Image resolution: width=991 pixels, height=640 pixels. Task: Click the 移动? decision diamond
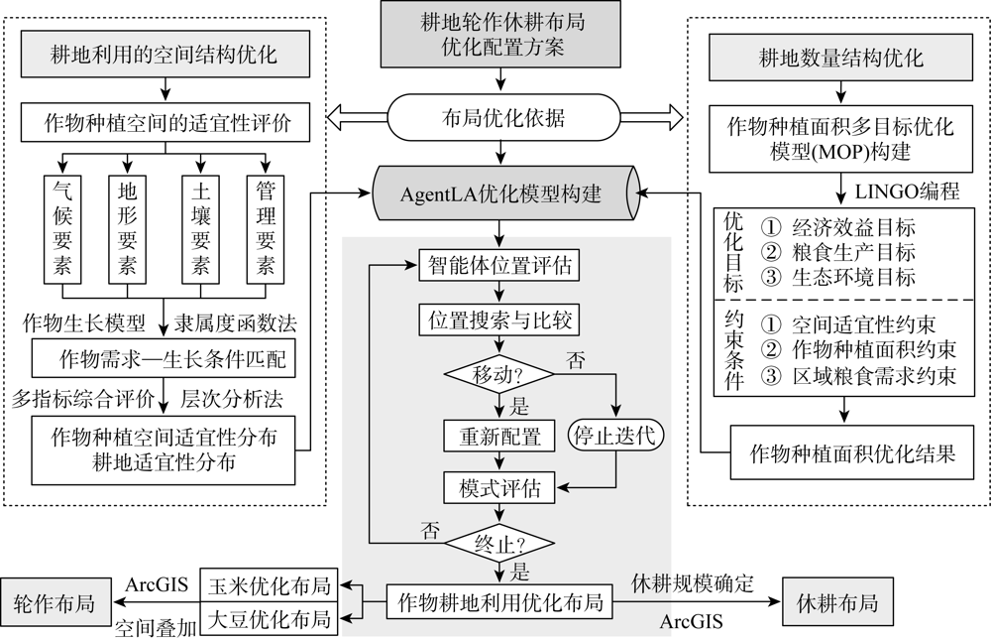click(x=499, y=375)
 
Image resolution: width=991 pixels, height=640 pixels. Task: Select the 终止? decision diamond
click(x=499, y=543)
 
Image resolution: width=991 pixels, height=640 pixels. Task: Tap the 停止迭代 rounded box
click(x=615, y=436)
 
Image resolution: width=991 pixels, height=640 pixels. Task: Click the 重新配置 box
click(x=499, y=437)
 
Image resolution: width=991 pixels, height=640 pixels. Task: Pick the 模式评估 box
click(x=499, y=488)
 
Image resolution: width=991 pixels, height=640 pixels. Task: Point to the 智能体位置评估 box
click(x=499, y=265)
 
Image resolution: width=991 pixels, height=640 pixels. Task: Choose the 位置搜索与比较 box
click(x=499, y=320)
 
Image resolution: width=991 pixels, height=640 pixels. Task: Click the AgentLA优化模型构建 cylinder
click(x=504, y=193)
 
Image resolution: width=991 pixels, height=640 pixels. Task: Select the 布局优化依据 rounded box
click(x=503, y=118)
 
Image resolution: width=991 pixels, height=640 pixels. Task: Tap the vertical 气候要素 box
click(x=62, y=229)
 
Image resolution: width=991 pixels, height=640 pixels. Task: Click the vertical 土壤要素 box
click(x=200, y=229)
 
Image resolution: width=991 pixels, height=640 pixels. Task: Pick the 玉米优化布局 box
click(x=270, y=585)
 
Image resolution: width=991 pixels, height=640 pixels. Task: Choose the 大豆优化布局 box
click(x=270, y=618)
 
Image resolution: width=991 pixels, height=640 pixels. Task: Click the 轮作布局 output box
click(x=55, y=602)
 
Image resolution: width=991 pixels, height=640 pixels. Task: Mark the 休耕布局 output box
click(x=837, y=602)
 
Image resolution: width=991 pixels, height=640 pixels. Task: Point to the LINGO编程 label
click(x=907, y=191)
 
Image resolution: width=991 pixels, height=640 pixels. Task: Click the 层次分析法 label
click(x=231, y=398)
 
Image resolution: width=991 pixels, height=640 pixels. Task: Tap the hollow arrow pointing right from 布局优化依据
click(x=652, y=118)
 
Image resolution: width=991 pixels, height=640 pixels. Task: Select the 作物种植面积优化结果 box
click(x=852, y=452)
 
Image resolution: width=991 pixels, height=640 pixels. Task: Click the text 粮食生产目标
click(x=853, y=251)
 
